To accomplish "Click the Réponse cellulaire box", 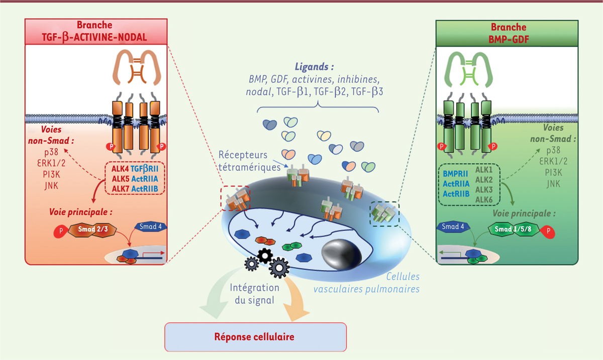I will pyautogui.click(x=255, y=336).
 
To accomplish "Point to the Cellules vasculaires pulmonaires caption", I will pyautogui.click(x=367, y=283).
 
